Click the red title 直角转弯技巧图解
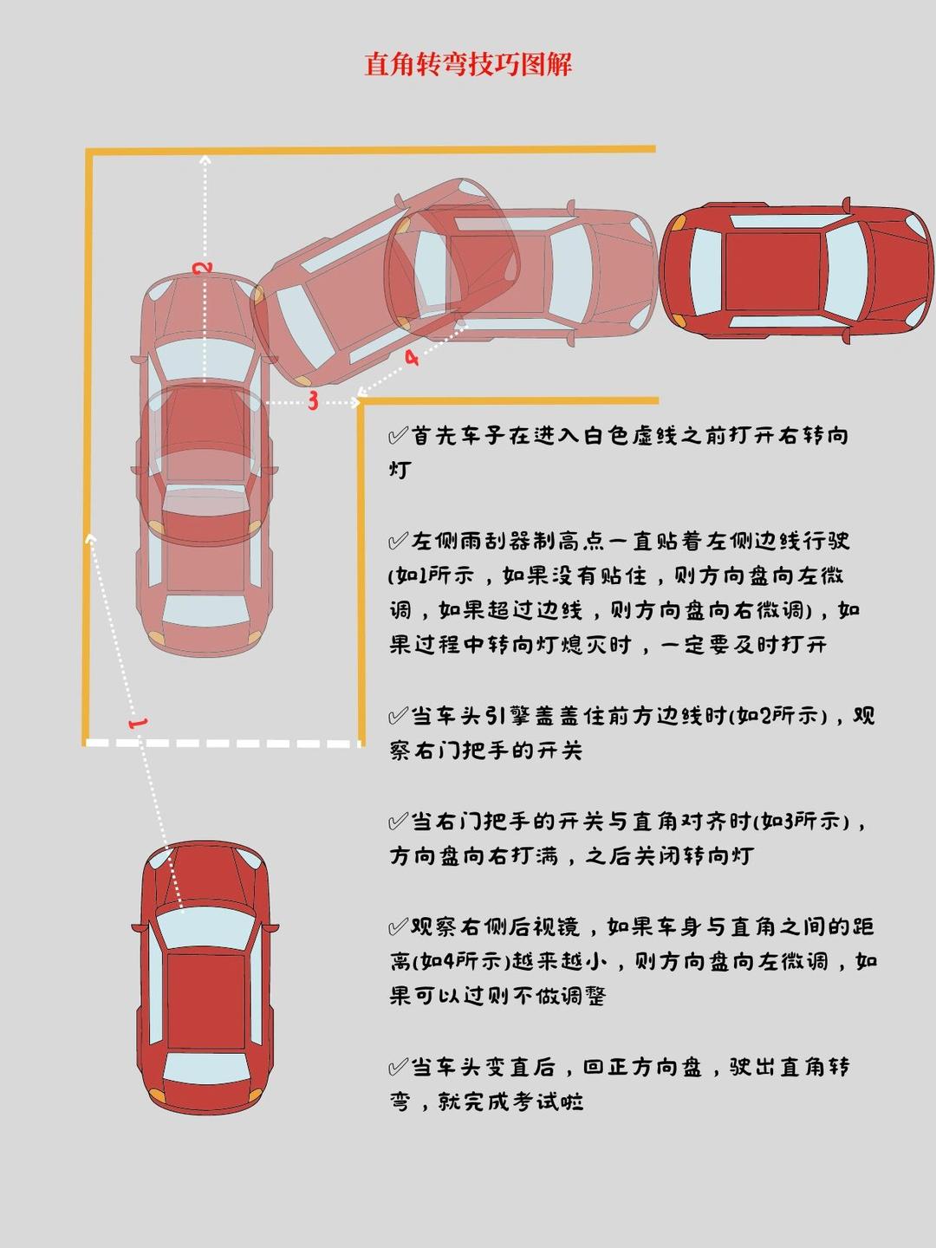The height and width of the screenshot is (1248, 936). click(468, 65)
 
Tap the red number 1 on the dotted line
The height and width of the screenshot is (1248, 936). click(137, 722)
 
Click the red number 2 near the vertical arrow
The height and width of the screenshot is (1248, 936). click(204, 267)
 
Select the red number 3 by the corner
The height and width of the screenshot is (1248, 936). click(313, 400)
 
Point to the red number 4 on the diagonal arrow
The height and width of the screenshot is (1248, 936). click(411, 357)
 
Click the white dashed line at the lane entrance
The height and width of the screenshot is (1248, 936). click(224, 743)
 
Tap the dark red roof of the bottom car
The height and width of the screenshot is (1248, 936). click(205, 1001)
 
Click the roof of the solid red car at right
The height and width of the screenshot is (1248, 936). click(773, 270)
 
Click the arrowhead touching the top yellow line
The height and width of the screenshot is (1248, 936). click(205, 159)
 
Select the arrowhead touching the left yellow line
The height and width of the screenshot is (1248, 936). click(91, 539)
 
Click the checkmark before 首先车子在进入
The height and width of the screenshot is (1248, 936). click(398, 435)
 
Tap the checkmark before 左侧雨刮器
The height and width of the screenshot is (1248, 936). click(398, 542)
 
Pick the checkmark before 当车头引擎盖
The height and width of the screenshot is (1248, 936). click(398, 716)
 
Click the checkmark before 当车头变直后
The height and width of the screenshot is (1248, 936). click(398, 1067)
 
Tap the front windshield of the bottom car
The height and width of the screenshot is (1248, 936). click(205, 926)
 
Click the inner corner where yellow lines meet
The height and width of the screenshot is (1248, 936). click(361, 401)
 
